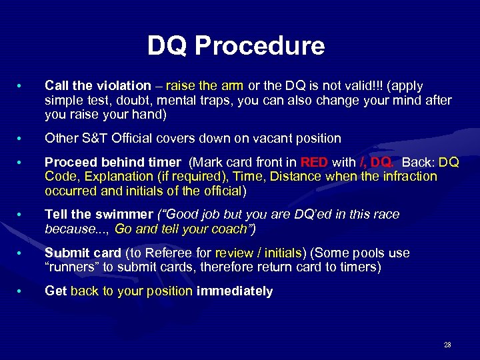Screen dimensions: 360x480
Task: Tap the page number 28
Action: pyautogui.click(x=447, y=345)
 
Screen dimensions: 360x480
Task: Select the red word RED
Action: pyautogui.click(x=314, y=162)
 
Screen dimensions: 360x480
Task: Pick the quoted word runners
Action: pyautogui.click(x=71, y=268)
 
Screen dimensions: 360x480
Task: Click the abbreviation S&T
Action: pyautogui.click(x=91, y=139)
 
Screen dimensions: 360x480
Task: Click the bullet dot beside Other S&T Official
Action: pyautogui.click(x=21, y=139)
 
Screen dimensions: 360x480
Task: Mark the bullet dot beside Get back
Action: pyautogui.click(x=21, y=291)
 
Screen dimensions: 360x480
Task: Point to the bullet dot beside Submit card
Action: pyautogui.click(x=21, y=254)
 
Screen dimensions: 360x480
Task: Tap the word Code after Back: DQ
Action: pyautogui.click(x=59, y=177)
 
